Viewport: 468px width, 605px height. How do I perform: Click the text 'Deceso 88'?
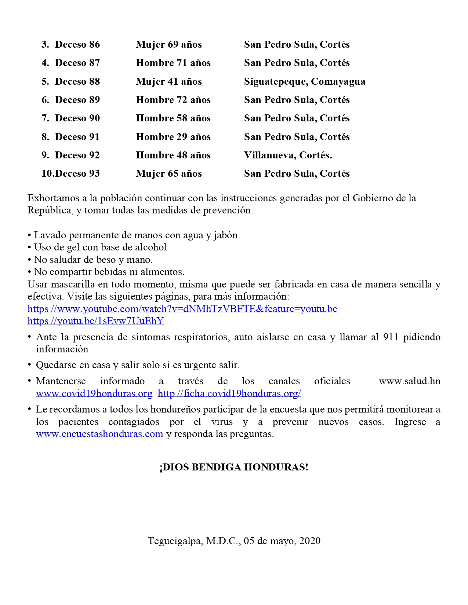pyautogui.click(x=77, y=81)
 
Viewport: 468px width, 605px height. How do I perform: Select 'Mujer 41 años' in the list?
pyautogui.click(x=168, y=81)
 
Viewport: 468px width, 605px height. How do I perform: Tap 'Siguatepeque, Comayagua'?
pyautogui.click(x=305, y=81)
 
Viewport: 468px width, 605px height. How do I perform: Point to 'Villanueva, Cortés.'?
pyautogui.click(x=288, y=155)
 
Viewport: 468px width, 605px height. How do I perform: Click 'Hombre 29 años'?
pyautogui.click(x=173, y=137)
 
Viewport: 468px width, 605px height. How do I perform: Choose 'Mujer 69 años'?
pyautogui.click(x=168, y=44)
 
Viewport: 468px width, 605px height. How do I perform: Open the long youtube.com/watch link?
pyautogui.click(x=182, y=309)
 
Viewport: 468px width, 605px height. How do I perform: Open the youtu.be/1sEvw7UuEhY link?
pyautogui.click(x=95, y=321)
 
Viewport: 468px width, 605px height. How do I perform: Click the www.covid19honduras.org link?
pyautogui.click(x=94, y=393)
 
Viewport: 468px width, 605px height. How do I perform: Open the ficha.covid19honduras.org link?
pyautogui.click(x=229, y=393)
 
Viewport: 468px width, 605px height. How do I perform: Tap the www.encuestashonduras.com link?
pyautogui.click(x=99, y=434)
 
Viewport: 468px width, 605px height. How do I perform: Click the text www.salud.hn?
pyautogui.click(x=409, y=381)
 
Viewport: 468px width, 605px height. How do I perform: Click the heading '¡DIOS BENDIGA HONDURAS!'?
pyautogui.click(x=234, y=467)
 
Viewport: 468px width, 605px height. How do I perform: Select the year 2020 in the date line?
pyautogui.click(x=310, y=541)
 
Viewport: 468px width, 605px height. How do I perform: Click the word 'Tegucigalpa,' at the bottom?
pyautogui.click(x=175, y=541)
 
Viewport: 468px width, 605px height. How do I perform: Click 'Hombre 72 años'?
pyautogui.click(x=173, y=100)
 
